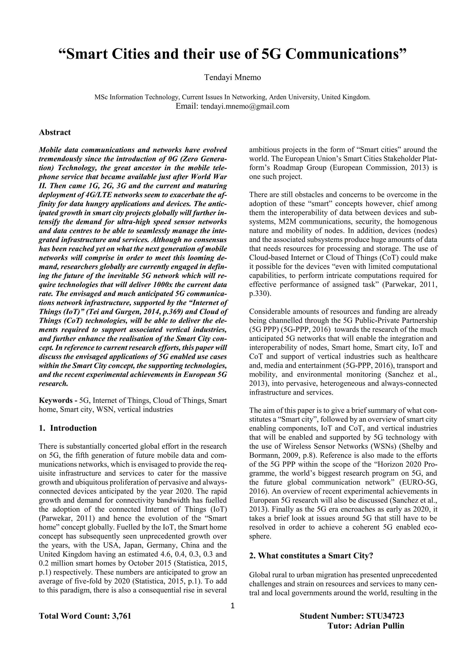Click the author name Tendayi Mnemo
232,77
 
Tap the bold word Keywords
56,400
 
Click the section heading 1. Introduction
68,428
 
